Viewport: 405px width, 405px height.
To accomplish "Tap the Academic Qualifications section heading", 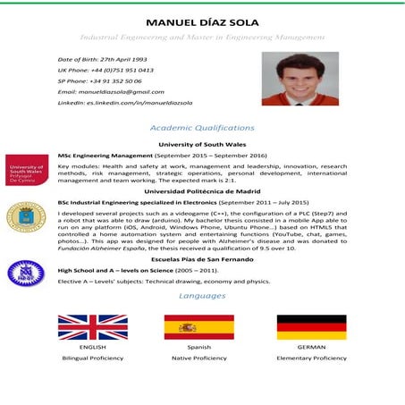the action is pyautogui.click(x=202, y=128).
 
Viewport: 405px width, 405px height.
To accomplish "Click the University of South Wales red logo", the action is pyautogui.click(x=27, y=170).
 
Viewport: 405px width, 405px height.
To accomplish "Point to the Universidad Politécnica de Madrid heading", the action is pyautogui.click(x=202, y=190).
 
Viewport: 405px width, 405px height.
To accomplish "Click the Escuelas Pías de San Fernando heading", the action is pyautogui.click(x=202, y=257).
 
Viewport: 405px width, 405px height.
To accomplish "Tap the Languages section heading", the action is pyautogui.click(x=202, y=295).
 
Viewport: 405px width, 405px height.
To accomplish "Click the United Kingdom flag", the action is pyautogui.click(x=92, y=326).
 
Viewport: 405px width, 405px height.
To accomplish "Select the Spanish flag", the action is pyautogui.click(x=198, y=326).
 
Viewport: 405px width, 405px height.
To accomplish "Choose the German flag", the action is pyautogui.click(x=311, y=326).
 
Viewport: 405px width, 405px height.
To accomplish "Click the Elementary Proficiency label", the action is pyautogui.click(x=311, y=358).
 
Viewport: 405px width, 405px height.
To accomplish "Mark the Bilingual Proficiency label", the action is pyautogui.click(x=92, y=358).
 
